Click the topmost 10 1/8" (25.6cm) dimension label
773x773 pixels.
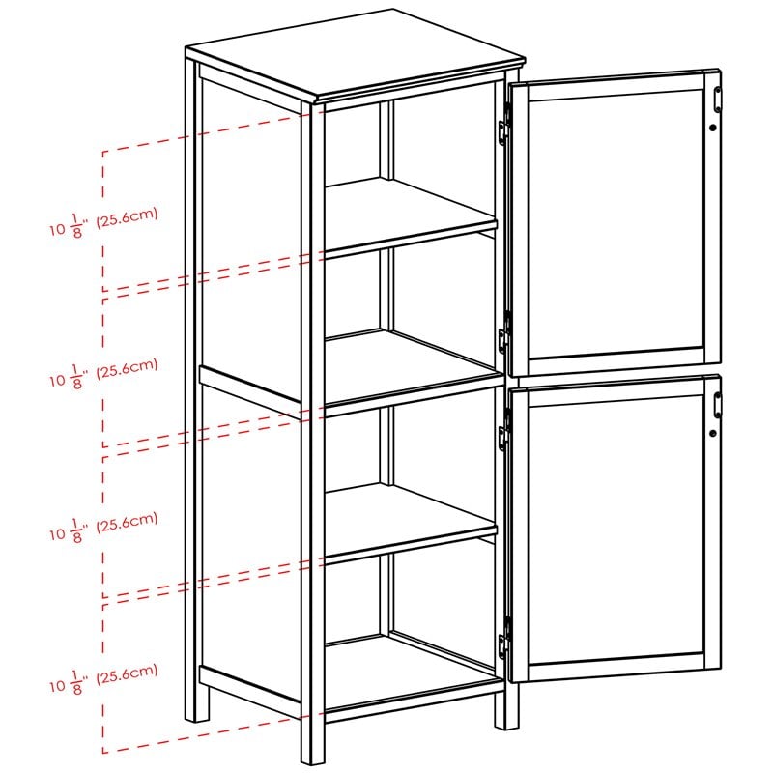coord(104,221)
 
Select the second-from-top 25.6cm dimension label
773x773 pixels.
coord(104,372)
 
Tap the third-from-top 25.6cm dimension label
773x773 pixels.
coord(104,525)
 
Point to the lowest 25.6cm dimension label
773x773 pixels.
coord(104,676)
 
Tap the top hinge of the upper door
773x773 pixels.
coord(503,132)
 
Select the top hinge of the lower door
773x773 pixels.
coord(502,437)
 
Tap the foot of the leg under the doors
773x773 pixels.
coord(506,720)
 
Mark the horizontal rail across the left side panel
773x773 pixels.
coord(251,386)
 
